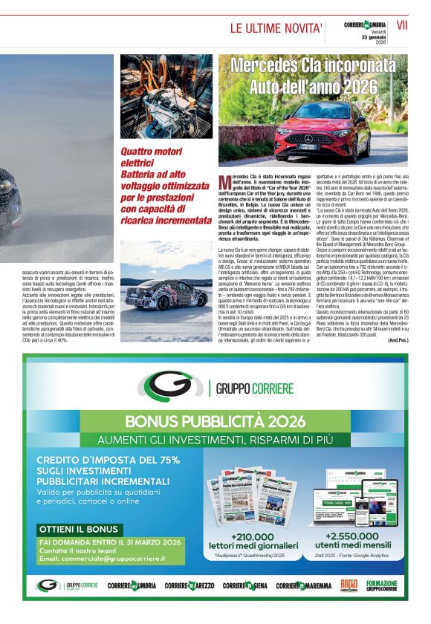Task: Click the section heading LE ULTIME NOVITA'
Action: [276, 29]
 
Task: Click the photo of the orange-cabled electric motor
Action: [166, 97]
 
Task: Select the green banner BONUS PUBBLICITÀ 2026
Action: [215, 421]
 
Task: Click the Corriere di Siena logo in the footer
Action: [245, 586]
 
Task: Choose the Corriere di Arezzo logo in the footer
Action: [189, 586]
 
